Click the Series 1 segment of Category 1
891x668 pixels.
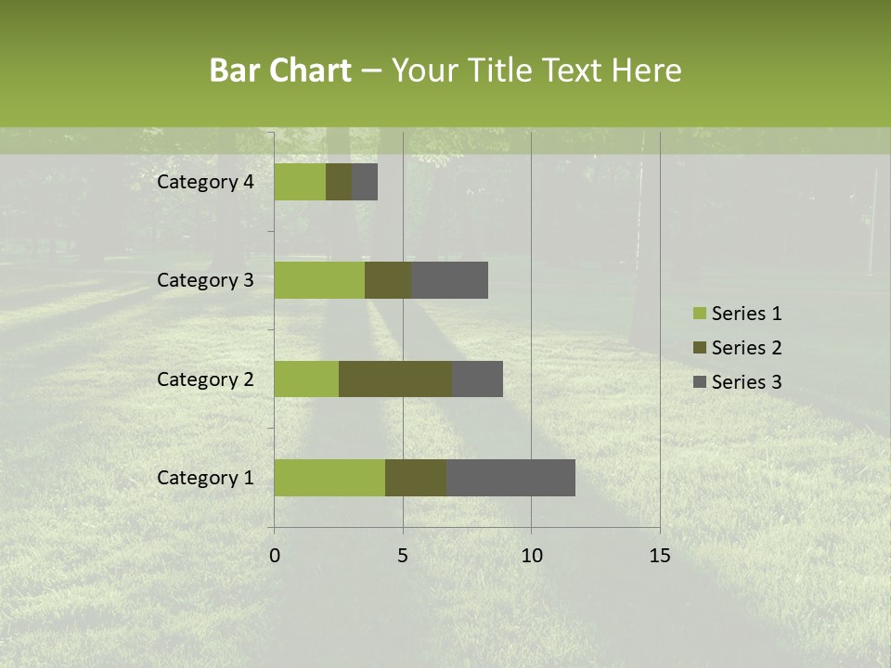[x=329, y=477]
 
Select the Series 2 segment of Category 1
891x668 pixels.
[x=416, y=477]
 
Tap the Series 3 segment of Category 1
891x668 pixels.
[x=510, y=477]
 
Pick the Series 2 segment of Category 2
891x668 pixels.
[x=395, y=379]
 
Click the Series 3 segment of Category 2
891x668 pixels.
[x=477, y=379]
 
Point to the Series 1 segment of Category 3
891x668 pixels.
[x=319, y=279]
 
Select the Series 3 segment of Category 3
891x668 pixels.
[x=449, y=279]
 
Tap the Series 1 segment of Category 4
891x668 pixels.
[x=300, y=181]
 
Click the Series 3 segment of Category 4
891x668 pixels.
[x=365, y=181]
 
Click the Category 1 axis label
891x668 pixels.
[x=205, y=478]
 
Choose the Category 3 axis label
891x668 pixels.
[x=205, y=280]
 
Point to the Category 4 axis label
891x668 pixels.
[x=205, y=182]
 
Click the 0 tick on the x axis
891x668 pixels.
[x=275, y=556]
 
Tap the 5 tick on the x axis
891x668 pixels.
[x=403, y=556]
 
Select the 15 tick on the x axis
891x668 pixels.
[x=660, y=556]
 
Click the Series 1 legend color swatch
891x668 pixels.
[x=700, y=314]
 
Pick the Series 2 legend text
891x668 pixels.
[x=746, y=348]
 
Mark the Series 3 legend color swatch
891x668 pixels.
[x=700, y=382]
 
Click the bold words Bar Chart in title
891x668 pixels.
[x=280, y=71]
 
